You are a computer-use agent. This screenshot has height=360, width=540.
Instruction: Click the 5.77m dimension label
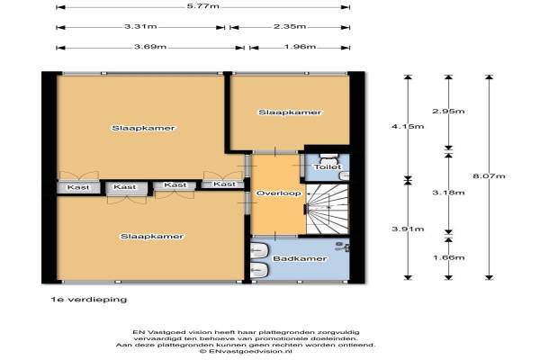pos(202,6)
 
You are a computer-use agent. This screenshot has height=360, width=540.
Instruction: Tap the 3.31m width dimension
pos(140,26)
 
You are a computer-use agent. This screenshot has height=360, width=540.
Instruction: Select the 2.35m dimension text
pos(290,26)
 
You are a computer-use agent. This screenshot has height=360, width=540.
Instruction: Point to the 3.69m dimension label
pos(150,47)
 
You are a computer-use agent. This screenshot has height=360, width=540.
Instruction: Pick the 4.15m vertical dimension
pos(408,126)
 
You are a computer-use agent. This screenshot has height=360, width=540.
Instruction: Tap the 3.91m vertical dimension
pos(408,229)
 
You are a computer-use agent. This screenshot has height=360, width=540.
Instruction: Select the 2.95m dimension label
pos(448,111)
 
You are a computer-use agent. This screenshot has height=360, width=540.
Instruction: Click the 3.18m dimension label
pos(448,193)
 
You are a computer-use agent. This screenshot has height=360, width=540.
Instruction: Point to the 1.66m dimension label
pos(448,257)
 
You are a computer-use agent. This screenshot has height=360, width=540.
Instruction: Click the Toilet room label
pos(328,167)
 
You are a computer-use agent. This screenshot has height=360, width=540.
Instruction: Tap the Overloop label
pos(279,193)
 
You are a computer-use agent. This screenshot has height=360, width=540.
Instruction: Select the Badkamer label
pos(300,258)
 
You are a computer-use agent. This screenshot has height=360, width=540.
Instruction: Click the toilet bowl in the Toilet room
pos(329,158)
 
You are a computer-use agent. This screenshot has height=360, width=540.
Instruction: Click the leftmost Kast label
pos(78,187)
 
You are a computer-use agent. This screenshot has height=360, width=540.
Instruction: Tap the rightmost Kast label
pos(224,184)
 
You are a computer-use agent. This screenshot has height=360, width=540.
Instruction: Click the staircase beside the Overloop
pos(328,209)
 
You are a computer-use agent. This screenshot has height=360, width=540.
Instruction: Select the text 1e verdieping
pos(89,300)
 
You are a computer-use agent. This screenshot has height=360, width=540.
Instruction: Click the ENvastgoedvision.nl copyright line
pos(246,351)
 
